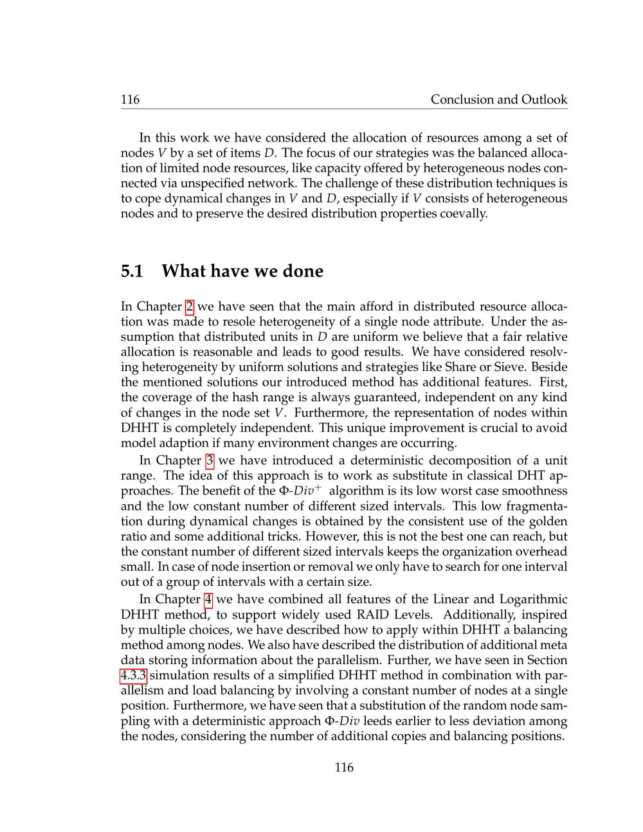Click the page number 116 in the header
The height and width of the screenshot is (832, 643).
(130, 99)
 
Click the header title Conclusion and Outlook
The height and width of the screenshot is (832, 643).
(499, 99)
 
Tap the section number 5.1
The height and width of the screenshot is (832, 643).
(132, 271)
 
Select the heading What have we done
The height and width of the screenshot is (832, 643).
(242, 271)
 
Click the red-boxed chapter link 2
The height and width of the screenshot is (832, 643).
(190, 307)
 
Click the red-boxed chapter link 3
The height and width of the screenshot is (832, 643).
(209, 460)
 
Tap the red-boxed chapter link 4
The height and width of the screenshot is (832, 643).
(208, 599)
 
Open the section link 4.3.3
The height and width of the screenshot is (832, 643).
(134, 676)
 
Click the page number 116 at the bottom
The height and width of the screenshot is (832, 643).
(344, 767)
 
